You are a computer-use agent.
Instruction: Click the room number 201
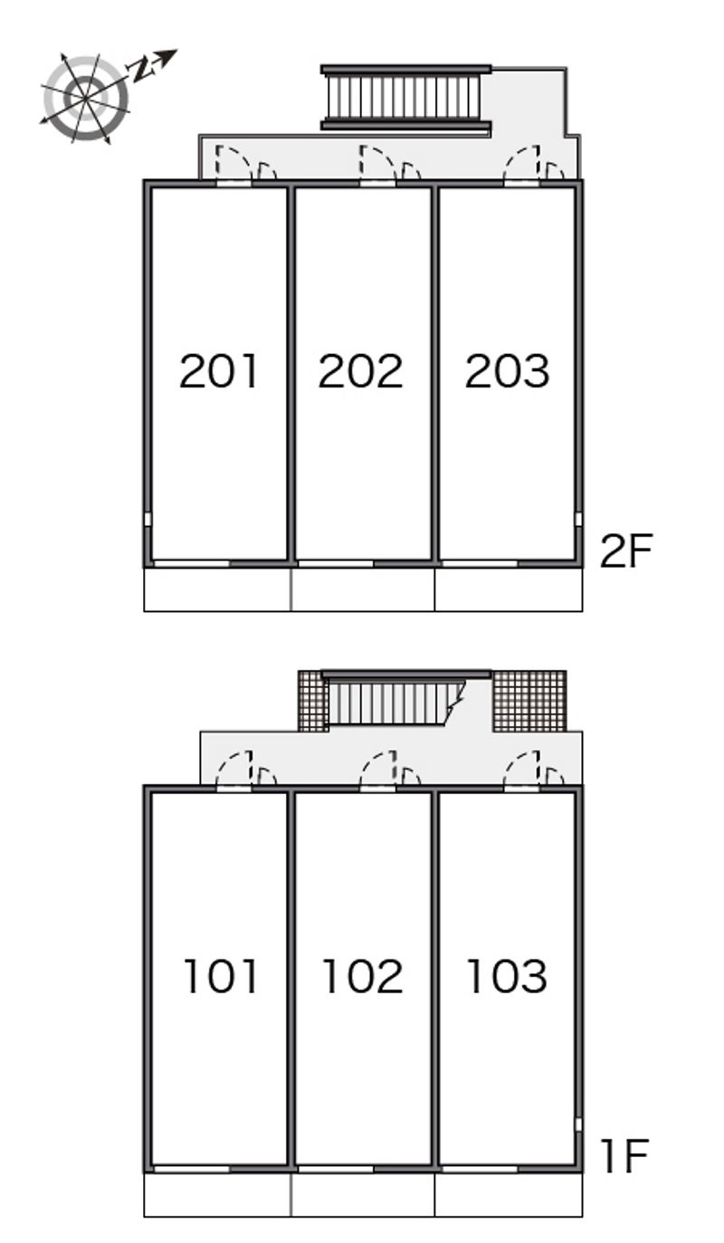(x=219, y=371)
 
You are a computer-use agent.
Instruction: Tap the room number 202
(x=360, y=371)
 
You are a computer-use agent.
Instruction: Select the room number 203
(x=507, y=371)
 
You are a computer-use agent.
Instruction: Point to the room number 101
(x=221, y=976)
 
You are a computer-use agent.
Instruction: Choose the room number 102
(x=362, y=976)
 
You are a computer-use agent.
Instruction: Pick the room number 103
(x=507, y=976)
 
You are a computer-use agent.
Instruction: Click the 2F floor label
(x=625, y=550)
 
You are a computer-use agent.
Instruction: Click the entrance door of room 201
(x=234, y=167)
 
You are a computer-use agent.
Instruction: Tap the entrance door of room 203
(x=521, y=167)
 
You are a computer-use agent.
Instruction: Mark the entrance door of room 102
(x=377, y=771)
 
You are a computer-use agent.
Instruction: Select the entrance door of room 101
(x=234, y=771)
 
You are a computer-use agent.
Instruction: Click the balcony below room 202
(x=362, y=589)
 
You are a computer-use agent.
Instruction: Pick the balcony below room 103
(x=508, y=1195)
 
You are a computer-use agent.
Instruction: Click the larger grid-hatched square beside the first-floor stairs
(x=529, y=701)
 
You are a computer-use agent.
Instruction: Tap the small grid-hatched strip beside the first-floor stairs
(x=310, y=701)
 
